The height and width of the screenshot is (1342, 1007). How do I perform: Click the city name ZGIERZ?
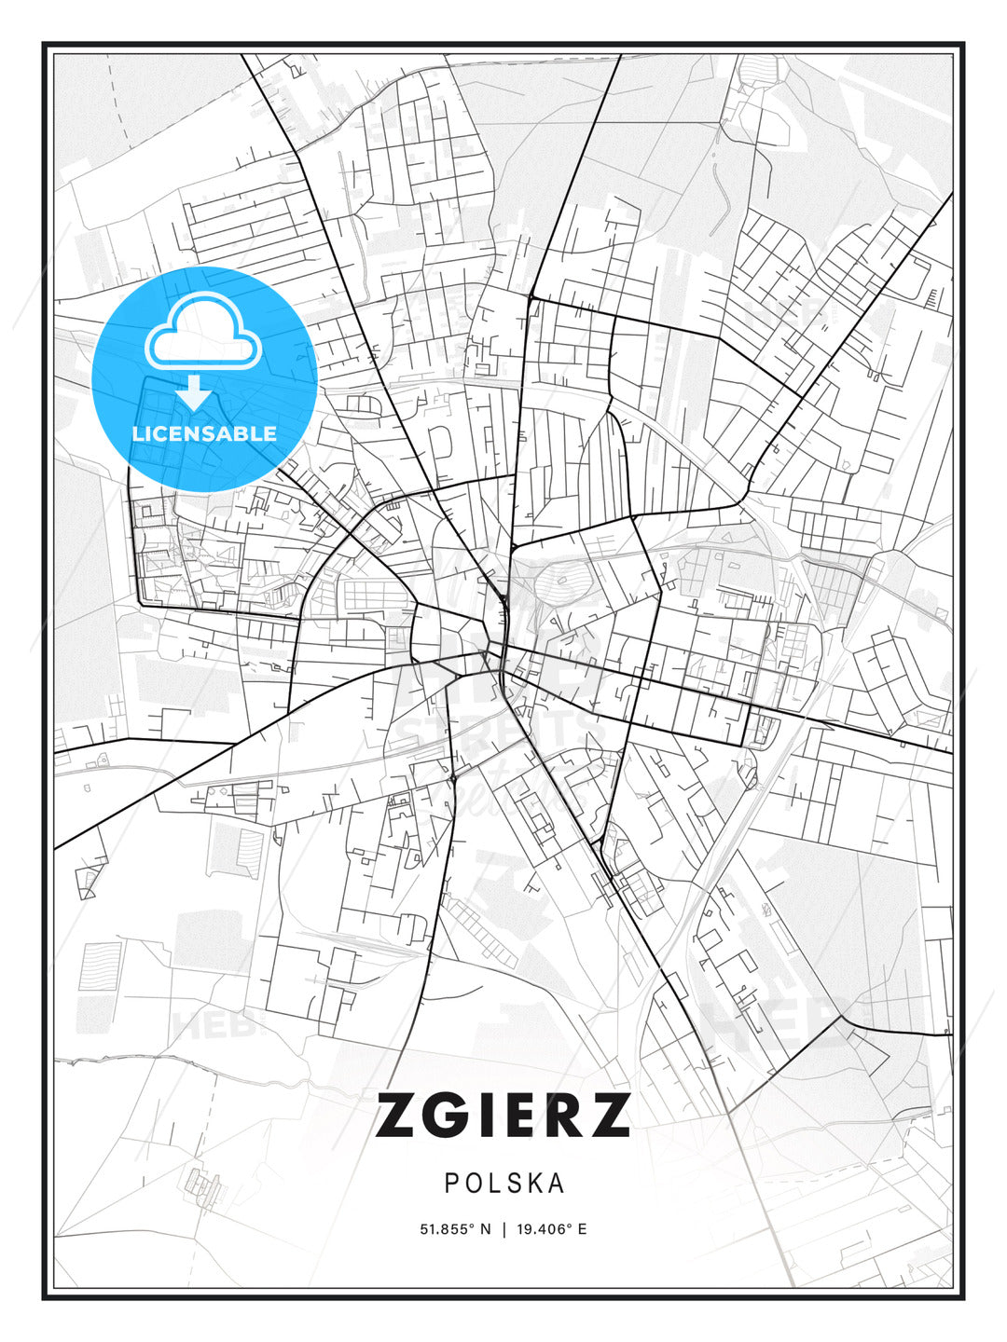click(503, 1116)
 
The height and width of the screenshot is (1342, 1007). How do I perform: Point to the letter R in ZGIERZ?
click(561, 1116)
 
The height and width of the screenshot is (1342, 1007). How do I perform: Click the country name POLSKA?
click(504, 1183)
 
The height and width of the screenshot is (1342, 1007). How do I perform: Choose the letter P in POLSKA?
click(451, 1183)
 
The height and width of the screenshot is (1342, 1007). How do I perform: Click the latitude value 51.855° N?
click(455, 1229)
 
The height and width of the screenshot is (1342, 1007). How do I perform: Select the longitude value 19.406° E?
click(551, 1229)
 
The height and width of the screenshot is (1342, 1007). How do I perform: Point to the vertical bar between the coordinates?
click(504, 1229)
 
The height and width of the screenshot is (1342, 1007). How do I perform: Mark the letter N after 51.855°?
click(485, 1229)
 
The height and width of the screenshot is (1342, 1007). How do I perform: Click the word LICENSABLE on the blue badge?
click(204, 433)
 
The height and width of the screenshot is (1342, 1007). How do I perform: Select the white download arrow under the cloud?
click(195, 392)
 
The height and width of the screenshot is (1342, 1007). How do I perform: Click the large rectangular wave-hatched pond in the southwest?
click(100, 966)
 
